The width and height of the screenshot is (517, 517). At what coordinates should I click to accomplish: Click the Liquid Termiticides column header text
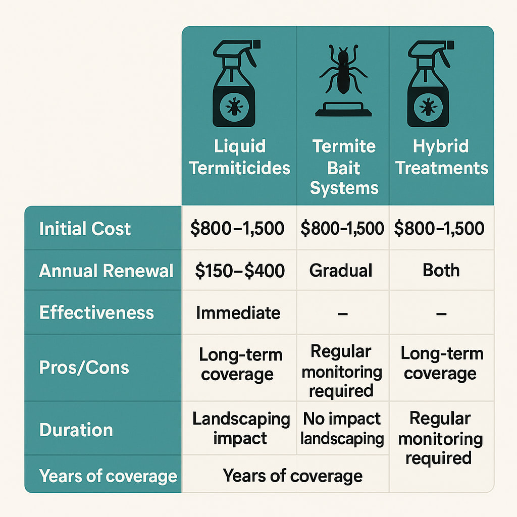coord(239,157)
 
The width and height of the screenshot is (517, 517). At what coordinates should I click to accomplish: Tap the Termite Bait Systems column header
coord(344,167)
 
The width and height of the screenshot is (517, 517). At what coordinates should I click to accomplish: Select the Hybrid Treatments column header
coord(441,157)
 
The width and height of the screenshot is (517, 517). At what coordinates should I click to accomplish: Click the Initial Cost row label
coord(85,229)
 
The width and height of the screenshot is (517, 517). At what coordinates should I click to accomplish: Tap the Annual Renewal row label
coord(106,271)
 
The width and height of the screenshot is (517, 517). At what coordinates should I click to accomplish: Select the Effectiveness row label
coord(96,313)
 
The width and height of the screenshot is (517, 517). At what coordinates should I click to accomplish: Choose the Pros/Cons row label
coord(84,367)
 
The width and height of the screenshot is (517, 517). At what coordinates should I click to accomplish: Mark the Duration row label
coord(76,430)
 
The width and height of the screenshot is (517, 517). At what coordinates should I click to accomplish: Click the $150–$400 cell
coord(240,271)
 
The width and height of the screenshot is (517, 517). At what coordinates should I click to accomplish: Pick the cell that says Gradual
coord(341,271)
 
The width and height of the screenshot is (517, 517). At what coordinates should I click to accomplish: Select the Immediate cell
coord(238,313)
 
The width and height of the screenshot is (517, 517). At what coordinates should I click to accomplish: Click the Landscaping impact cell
coord(241,428)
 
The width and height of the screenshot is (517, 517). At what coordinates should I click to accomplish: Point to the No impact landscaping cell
coord(342,428)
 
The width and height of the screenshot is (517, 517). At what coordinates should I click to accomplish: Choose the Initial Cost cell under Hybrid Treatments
coord(439,228)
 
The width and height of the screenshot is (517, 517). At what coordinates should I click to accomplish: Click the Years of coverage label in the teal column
coord(108,476)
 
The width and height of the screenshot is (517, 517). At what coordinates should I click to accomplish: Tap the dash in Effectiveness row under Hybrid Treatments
coord(441,314)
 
